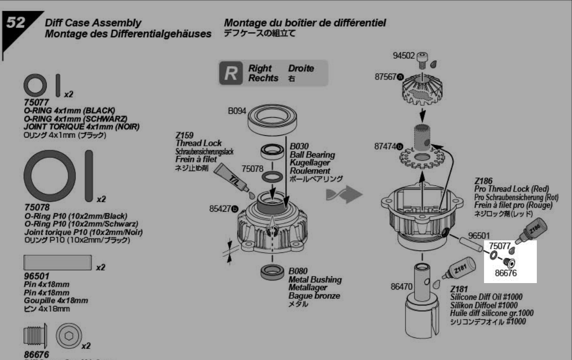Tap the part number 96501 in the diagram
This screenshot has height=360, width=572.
tap(478, 235)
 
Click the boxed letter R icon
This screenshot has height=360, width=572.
tap(231, 73)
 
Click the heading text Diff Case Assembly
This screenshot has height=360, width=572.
tap(93, 23)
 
